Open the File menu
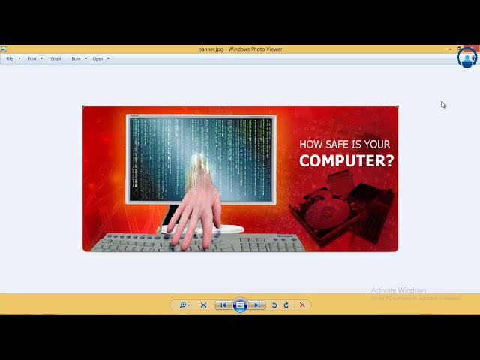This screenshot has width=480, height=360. click(10, 58)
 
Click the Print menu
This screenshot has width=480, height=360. click(31, 58)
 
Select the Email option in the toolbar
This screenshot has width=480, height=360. click(55, 58)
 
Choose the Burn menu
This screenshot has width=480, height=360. click(76, 58)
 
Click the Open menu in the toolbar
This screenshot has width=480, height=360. click(98, 58)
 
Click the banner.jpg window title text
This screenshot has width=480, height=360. click(240, 49)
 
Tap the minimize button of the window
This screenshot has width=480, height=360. click(450, 49)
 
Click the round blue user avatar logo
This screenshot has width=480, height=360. click(466, 58)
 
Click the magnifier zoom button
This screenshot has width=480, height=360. click(183, 305)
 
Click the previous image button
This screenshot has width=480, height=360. click(223, 305)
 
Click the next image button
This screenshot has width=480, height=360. click(257, 305)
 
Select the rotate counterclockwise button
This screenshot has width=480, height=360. click(274, 305)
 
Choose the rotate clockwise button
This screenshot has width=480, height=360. click(286, 305)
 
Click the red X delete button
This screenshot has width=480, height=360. click(302, 305)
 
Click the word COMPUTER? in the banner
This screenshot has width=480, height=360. click(346, 160)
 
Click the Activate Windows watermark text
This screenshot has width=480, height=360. click(398, 290)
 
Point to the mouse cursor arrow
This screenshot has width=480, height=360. click(442, 105)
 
